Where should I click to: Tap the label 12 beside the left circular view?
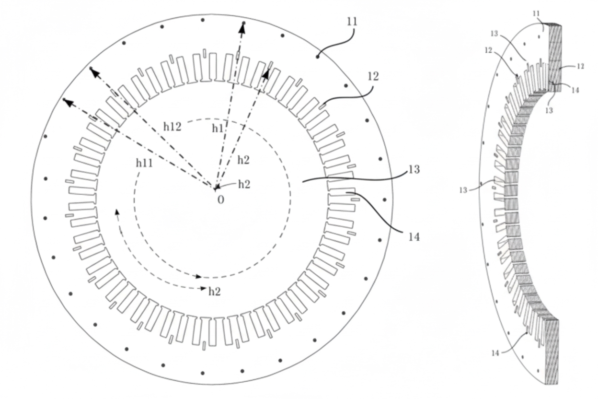pyautogui.click(x=373, y=76)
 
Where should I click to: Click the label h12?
pyautogui.click(x=172, y=127)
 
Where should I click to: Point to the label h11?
pyautogui.click(x=145, y=163)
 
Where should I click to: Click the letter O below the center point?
pyautogui.click(x=221, y=200)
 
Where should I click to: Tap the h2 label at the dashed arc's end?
pyautogui.click(x=214, y=291)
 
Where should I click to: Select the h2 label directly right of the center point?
pyautogui.click(x=243, y=184)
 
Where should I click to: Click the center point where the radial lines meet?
pyautogui.click(x=216, y=187)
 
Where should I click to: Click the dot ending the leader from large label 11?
pyautogui.click(x=318, y=57)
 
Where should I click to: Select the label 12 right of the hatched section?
pyautogui.click(x=581, y=66)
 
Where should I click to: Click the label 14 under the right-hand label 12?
pyautogui.click(x=575, y=89)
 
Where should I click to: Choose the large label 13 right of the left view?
pyautogui.click(x=414, y=170)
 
